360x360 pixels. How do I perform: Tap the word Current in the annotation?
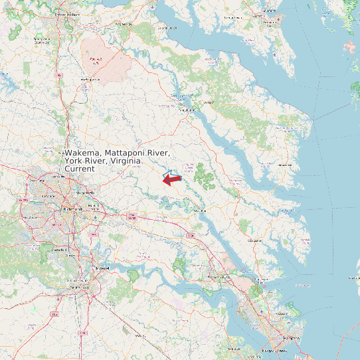[80, 169]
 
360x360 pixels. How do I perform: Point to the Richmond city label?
[71, 209]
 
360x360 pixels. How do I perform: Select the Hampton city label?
[291, 338]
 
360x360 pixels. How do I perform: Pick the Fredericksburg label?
[67, 13]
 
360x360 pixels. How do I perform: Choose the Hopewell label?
[102, 267]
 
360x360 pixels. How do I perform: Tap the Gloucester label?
[254, 240]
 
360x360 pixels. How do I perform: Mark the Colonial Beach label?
[167, 28]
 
